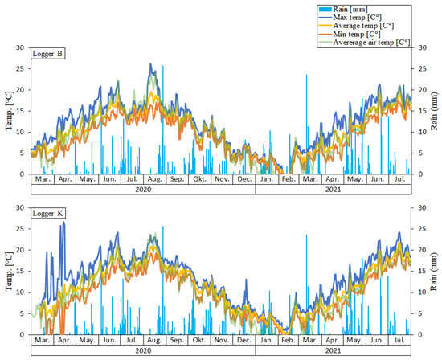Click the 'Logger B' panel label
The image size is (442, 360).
[50, 54]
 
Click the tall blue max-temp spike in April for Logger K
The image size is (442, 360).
[63, 225]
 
